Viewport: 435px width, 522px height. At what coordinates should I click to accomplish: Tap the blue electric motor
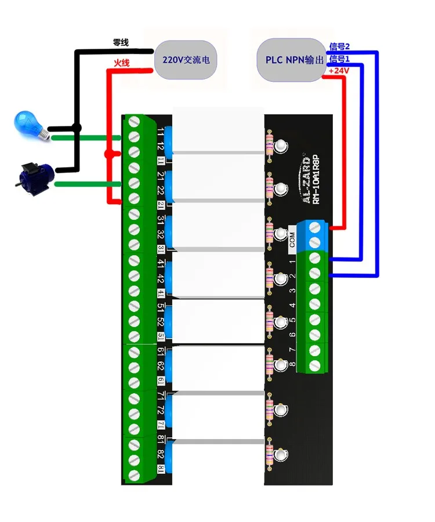tap(35, 179)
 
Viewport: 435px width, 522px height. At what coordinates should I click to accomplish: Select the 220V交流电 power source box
tap(186, 60)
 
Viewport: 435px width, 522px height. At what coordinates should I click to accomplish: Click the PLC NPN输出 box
tap(292, 60)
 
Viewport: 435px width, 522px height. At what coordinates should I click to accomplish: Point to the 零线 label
tap(121, 42)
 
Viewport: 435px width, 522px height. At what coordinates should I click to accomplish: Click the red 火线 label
tap(121, 63)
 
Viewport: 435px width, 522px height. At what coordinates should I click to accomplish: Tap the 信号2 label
tap(339, 46)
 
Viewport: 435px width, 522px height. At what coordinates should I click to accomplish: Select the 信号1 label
tap(339, 59)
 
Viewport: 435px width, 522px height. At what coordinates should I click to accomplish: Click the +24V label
tap(339, 71)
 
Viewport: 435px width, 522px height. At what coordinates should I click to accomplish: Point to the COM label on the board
tap(292, 240)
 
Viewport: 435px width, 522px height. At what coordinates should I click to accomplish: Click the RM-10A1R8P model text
tap(316, 179)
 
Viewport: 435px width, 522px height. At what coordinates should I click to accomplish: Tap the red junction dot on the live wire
tap(108, 154)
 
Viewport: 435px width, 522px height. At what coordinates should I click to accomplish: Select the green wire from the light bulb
tap(86, 138)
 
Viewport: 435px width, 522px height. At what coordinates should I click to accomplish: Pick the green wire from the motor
tap(88, 184)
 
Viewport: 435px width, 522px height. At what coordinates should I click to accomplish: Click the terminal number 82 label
tap(161, 454)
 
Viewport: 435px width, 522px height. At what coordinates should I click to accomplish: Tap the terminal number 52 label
tap(161, 322)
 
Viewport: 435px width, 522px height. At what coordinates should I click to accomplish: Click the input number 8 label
tap(292, 364)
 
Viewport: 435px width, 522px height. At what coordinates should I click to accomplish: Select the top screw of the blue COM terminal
tap(314, 228)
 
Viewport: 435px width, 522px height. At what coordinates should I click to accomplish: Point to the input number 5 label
tap(292, 320)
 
